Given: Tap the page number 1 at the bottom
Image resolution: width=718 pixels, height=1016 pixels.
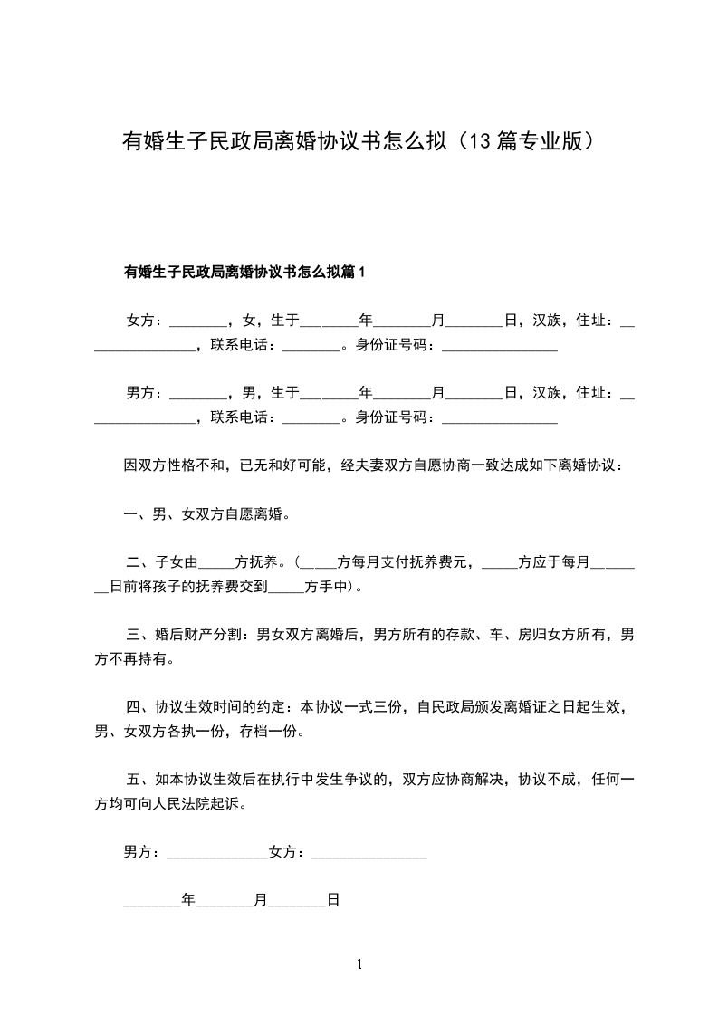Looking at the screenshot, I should pyautogui.click(x=359, y=964).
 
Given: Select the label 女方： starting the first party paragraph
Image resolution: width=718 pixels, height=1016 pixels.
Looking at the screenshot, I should pyautogui.click(x=146, y=321).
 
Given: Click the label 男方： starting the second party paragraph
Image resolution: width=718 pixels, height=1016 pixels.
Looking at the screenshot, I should pyautogui.click(x=146, y=393).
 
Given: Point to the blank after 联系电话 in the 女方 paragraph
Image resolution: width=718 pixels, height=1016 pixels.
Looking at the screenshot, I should pyautogui.click(x=311, y=346).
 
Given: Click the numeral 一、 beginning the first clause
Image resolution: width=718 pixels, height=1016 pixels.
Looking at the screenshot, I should pyautogui.click(x=138, y=514).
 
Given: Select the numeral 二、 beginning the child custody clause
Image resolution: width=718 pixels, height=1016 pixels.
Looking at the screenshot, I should pyautogui.click(x=140, y=562).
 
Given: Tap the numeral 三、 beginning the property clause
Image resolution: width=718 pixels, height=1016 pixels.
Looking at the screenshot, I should pyautogui.click(x=140, y=635).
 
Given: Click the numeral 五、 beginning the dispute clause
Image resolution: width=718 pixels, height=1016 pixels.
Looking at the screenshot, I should pyautogui.click(x=140, y=779).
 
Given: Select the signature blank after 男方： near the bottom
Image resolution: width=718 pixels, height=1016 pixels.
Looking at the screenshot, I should pyautogui.click(x=217, y=854).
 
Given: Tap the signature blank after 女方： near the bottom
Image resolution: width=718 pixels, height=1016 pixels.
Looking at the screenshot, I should pyautogui.click(x=369, y=854).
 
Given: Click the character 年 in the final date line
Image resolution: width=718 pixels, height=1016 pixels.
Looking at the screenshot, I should pyautogui.click(x=188, y=900).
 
